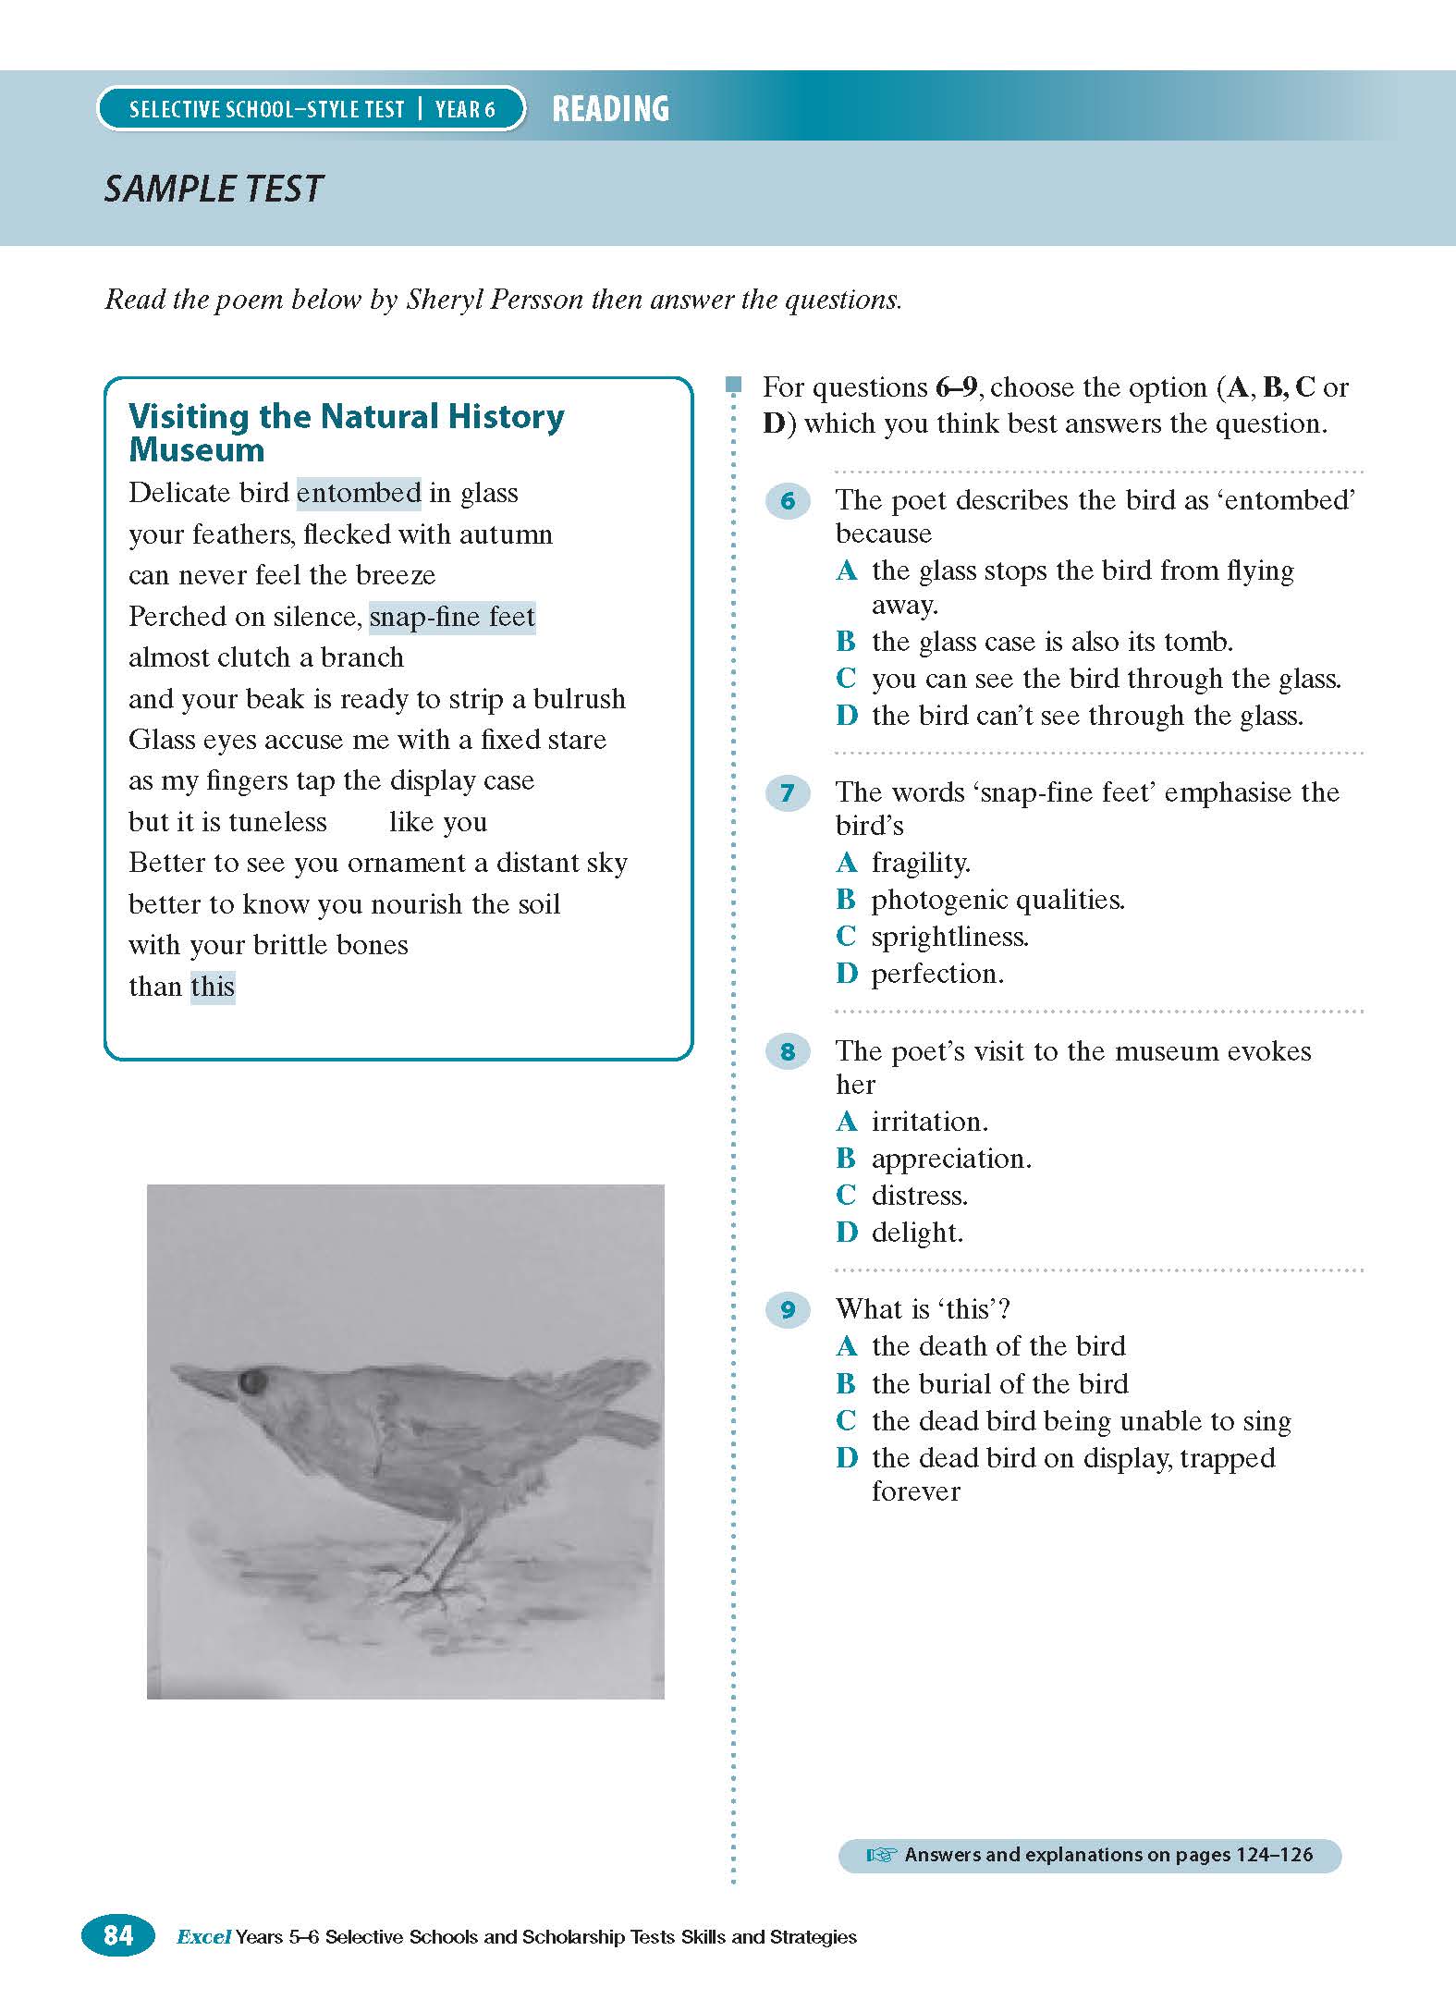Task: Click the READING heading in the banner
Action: tap(610, 109)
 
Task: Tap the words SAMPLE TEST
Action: tap(214, 189)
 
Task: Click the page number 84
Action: tap(118, 1934)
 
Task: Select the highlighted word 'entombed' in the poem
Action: tap(359, 493)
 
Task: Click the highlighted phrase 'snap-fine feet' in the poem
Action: tap(452, 617)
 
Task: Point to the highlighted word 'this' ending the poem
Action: tap(213, 987)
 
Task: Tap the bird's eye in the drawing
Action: tap(252, 1382)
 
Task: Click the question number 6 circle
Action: tap(788, 501)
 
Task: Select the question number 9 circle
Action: tap(788, 1309)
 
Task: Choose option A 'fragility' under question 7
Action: tap(921, 863)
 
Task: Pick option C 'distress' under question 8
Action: tap(920, 1196)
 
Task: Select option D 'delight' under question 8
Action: tap(917, 1233)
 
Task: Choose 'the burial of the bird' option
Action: tap(999, 1383)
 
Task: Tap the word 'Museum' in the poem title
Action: tap(197, 450)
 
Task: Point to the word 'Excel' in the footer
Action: tap(203, 1936)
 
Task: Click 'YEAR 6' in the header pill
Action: tap(465, 110)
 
